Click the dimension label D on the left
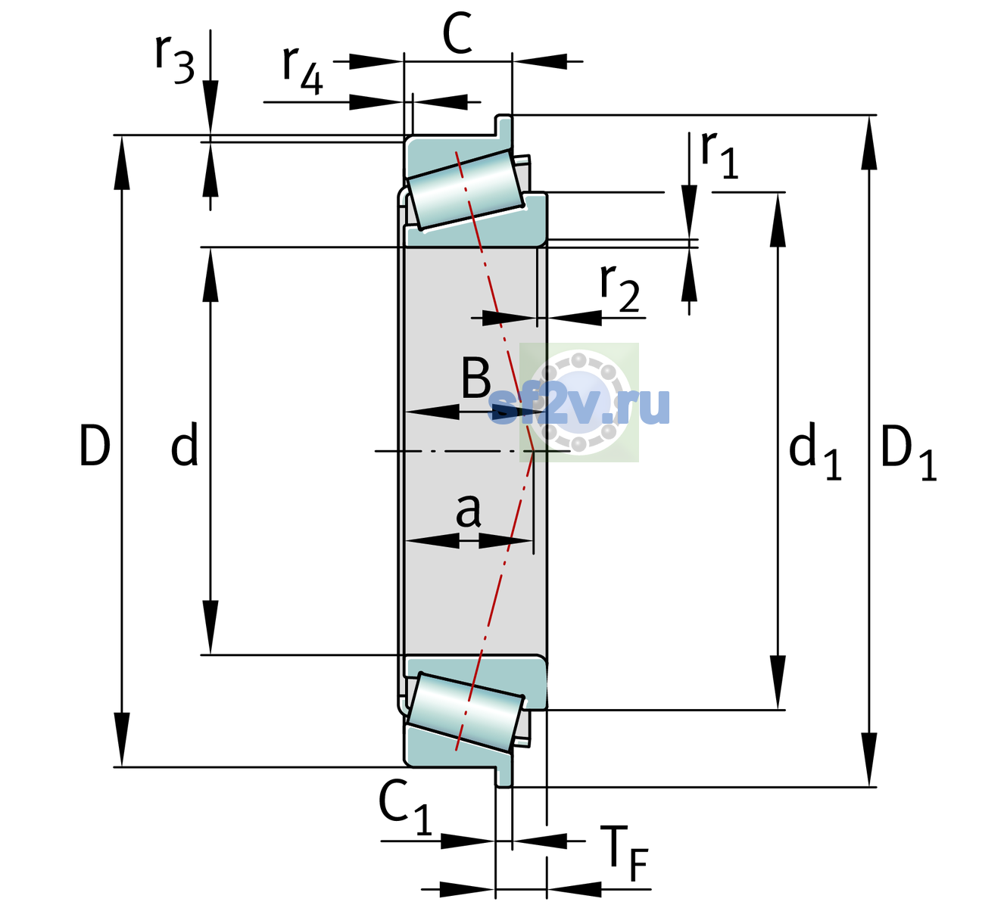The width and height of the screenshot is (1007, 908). point(95,446)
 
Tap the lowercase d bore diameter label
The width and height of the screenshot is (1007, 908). point(185,444)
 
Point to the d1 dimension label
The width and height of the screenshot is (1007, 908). point(815,452)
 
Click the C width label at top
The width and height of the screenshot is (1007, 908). point(457,33)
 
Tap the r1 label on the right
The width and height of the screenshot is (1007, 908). point(719,154)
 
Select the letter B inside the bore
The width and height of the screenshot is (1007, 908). point(475,379)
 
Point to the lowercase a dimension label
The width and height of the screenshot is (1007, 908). point(468,511)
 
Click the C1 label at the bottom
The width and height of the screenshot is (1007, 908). point(404,807)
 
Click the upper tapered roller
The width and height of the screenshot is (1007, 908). point(466,190)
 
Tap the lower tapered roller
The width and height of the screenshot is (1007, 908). point(466,712)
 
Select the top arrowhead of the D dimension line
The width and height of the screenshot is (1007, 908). point(121,163)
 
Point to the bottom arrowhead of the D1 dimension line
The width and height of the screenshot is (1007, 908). point(869,760)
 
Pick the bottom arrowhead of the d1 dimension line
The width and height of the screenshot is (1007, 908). point(778,683)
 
